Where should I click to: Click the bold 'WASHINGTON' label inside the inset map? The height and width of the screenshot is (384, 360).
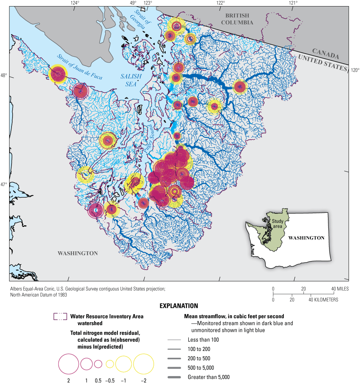(306, 238)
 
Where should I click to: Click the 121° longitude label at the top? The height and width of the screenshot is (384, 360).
(293, 3)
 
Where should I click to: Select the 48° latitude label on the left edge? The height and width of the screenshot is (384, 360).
(4, 76)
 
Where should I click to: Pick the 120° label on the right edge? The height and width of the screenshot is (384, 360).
(355, 70)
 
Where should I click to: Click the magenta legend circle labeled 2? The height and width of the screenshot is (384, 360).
(68, 364)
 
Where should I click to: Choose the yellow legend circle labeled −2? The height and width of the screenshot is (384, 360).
(144, 364)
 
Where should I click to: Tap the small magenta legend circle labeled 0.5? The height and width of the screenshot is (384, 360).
(98, 364)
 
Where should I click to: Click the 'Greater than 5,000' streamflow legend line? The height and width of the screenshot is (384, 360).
(176, 377)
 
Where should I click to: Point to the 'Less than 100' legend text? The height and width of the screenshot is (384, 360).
(203, 339)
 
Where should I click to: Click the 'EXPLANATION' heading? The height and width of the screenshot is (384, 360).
(179, 306)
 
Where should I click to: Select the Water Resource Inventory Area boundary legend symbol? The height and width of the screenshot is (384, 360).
(60, 317)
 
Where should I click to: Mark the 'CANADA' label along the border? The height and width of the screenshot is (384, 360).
(325, 54)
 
